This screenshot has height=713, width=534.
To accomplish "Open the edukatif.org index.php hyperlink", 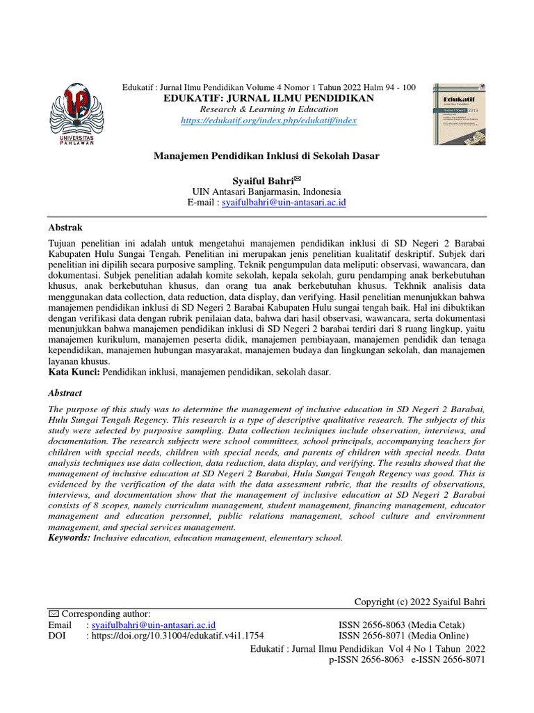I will [x=268, y=120].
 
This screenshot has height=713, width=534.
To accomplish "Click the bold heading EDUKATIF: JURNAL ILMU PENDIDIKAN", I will [x=268, y=98].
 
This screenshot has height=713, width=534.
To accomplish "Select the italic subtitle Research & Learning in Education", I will [x=268, y=109].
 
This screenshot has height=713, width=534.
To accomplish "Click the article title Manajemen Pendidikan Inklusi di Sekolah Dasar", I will [x=266, y=155].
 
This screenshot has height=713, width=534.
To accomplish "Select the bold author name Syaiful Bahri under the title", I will [x=261, y=180].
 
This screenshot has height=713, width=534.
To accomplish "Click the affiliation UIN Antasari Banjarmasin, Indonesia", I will [x=266, y=191].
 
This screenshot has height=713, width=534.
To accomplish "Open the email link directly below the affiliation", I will [x=283, y=203].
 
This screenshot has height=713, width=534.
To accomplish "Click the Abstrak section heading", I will [x=65, y=227].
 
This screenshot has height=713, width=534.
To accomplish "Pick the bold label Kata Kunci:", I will [x=74, y=373].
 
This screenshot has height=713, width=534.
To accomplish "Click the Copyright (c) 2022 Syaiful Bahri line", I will [x=419, y=602].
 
